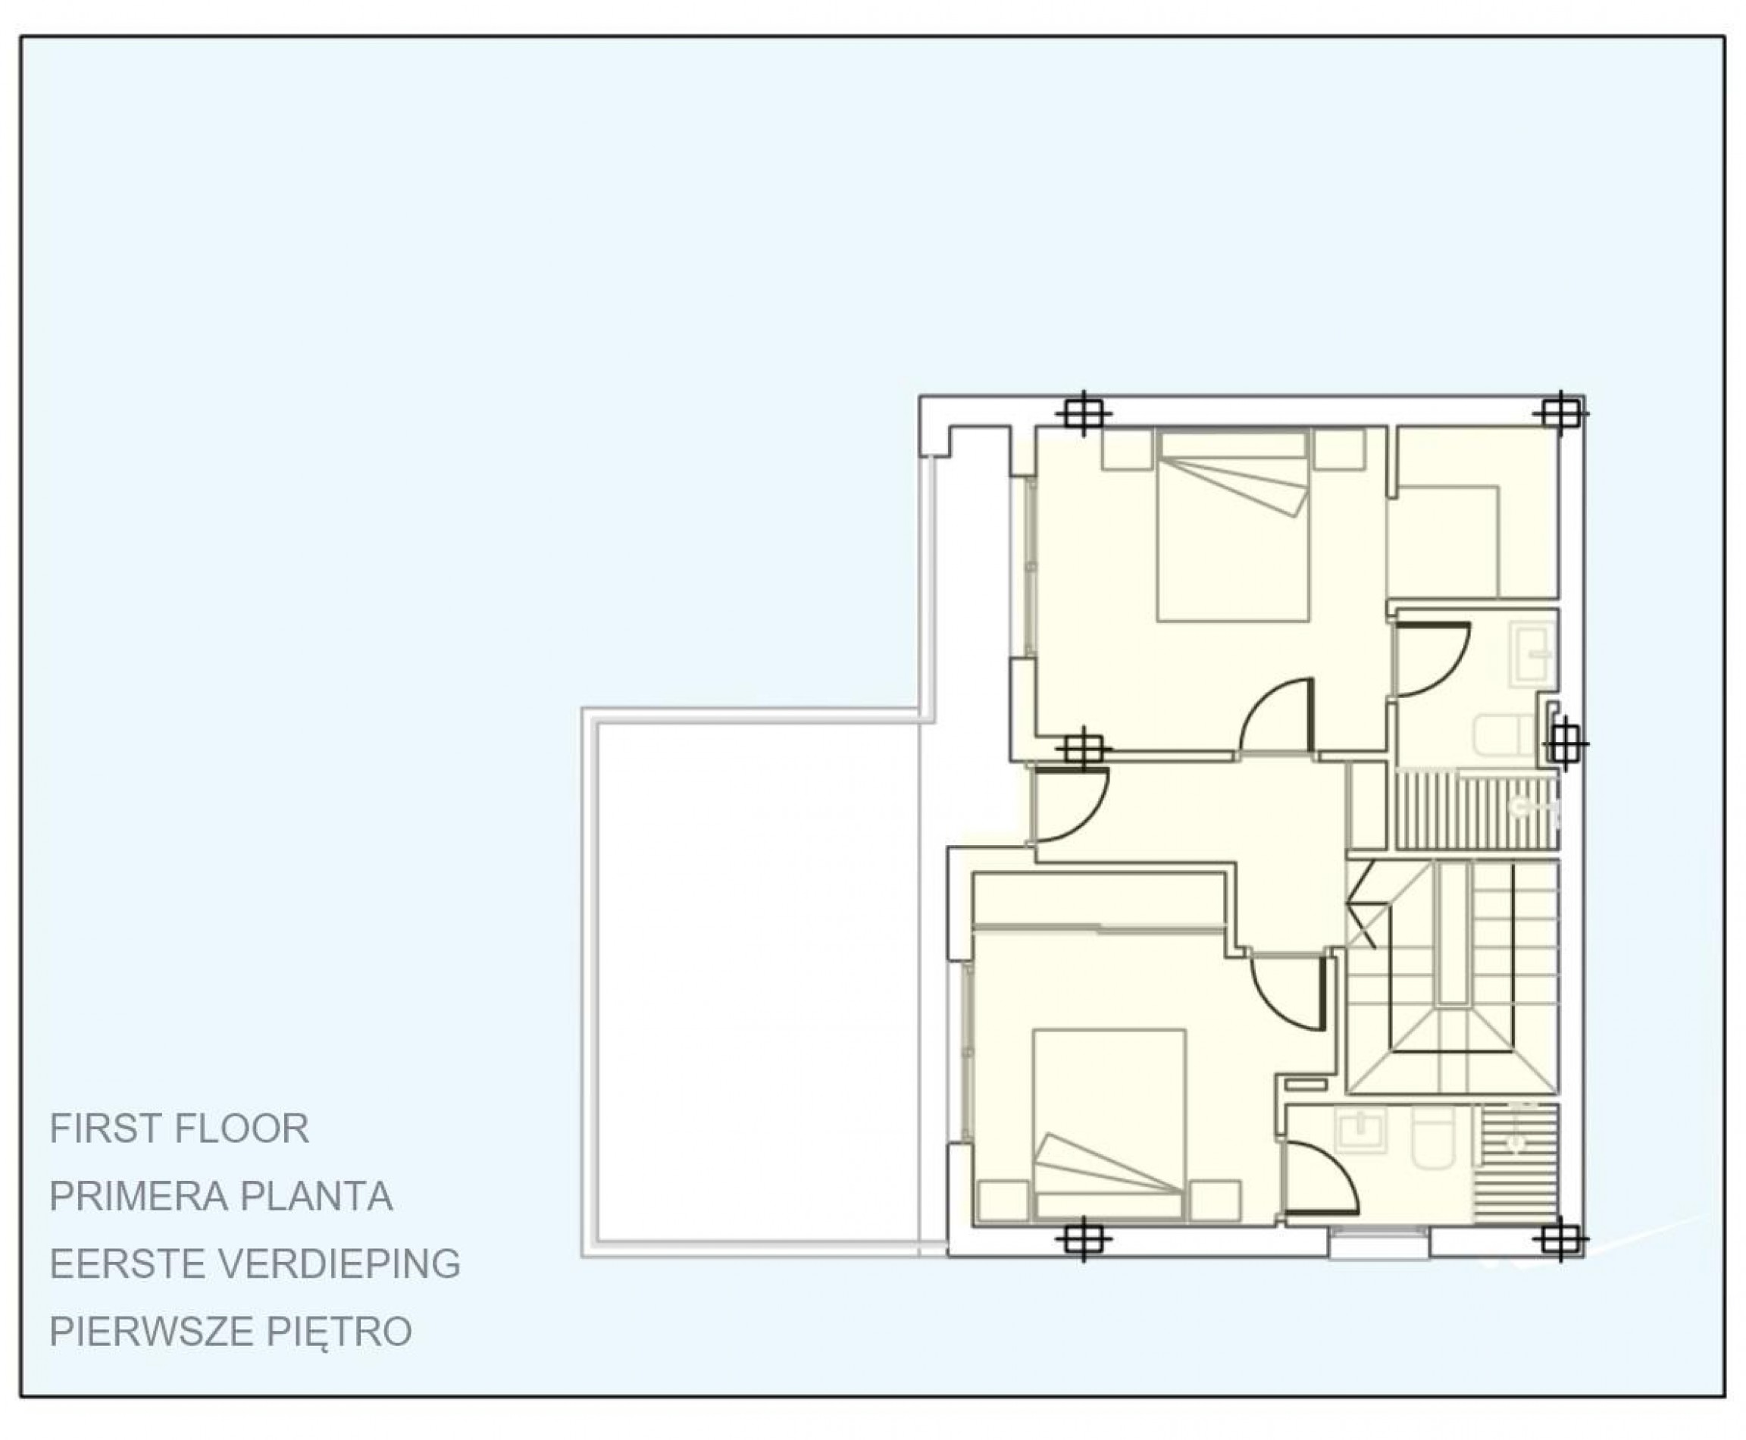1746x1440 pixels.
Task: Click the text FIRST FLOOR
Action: tap(179, 1129)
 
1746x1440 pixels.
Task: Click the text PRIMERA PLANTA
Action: tap(221, 1197)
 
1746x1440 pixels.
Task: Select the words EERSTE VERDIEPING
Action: tap(255, 1264)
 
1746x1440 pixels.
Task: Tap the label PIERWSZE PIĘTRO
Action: tap(230, 1332)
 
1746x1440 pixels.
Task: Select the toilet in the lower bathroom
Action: tap(1433, 1136)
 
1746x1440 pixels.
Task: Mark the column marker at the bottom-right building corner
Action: tap(1560, 1241)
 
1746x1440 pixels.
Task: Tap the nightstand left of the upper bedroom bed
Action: tap(1126, 449)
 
